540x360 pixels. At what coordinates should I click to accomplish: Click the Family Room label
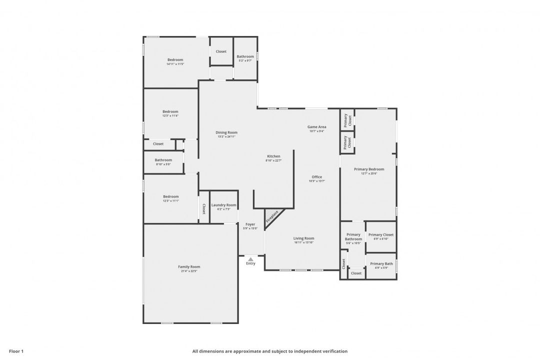click(x=189, y=266)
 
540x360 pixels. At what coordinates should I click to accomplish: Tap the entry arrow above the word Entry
click(x=250, y=259)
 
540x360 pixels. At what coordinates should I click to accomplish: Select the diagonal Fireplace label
click(x=272, y=216)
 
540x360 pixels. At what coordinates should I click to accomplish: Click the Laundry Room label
click(x=223, y=205)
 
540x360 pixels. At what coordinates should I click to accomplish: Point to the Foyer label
click(x=250, y=224)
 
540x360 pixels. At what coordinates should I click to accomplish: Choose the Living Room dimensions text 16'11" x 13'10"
click(x=303, y=242)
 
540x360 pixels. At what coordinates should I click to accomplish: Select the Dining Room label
click(x=226, y=132)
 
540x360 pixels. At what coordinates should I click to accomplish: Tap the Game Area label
click(x=316, y=127)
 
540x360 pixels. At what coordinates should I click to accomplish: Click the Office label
click(x=317, y=177)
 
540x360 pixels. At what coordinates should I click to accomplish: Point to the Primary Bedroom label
click(x=369, y=169)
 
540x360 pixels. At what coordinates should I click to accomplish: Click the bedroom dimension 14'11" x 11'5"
click(x=175, y=64)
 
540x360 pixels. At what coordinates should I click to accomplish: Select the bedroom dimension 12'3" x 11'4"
click(x=170, y=116)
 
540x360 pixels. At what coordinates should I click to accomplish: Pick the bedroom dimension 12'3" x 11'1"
click(x=170, y=200)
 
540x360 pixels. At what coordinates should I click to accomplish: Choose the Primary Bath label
click(x=381, y=263)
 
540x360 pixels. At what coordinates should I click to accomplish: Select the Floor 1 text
click(x=16, y=351)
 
